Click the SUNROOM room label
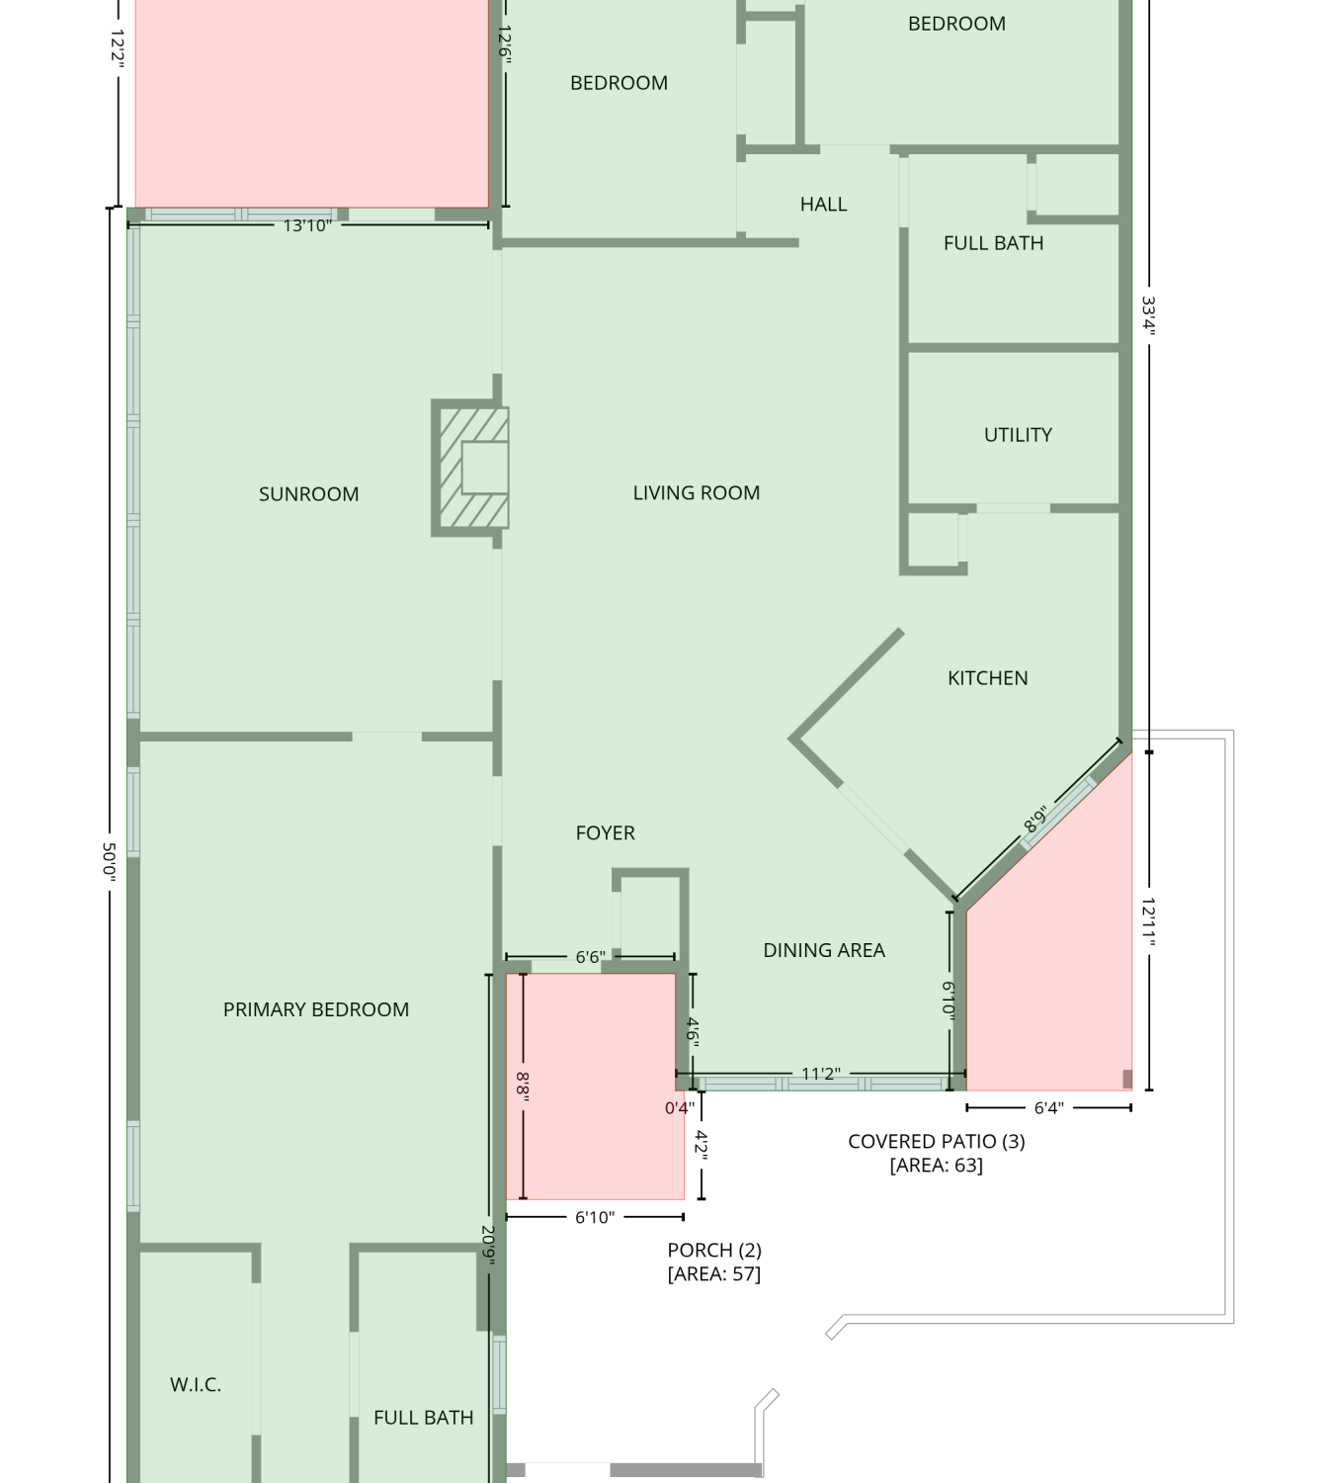(308, 494)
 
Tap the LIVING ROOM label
(696, 492)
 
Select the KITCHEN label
(987, 678)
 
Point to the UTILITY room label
(1018, 435)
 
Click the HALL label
(823, 205)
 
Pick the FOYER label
(605, 833)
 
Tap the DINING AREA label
(824, 950)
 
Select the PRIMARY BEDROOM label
(316, 1009)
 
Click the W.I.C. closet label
(196, 1384)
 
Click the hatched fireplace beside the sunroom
(469, 468)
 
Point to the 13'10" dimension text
(307, 225)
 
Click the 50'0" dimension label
(109, 861)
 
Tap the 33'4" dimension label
(1149, 316)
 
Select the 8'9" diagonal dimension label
(1035, 819)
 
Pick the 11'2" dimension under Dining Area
(821, 1074)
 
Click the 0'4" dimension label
(679, 1108)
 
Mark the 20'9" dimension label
(488, 1245)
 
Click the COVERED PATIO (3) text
(937, 1141)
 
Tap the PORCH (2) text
(714, 1250)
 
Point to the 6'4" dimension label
(1048, 1108)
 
